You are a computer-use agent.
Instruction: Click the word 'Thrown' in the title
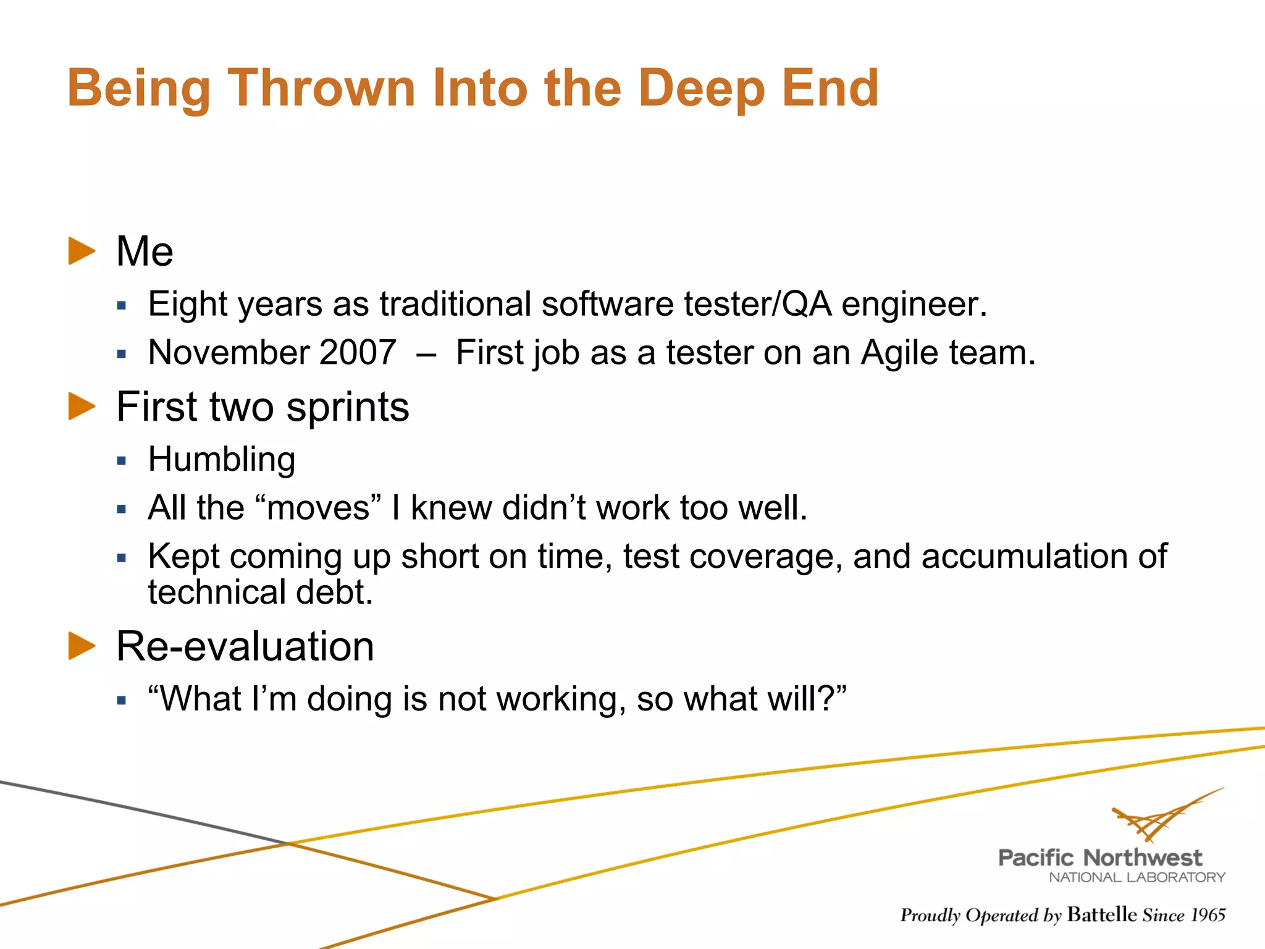321,88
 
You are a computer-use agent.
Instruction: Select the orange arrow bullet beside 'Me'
82,251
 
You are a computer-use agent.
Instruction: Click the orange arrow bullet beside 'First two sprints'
82,407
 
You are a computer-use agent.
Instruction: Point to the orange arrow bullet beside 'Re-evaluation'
82,646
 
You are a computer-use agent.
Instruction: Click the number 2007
358,353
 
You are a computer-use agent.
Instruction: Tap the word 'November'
229,353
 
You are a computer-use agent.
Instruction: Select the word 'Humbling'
222,460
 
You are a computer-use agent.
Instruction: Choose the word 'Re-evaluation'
245,647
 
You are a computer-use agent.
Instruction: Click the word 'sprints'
348,408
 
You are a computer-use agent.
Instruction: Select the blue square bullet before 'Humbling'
122,461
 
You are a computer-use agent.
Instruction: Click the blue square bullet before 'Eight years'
122,305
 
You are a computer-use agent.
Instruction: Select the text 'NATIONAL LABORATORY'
1137,877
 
